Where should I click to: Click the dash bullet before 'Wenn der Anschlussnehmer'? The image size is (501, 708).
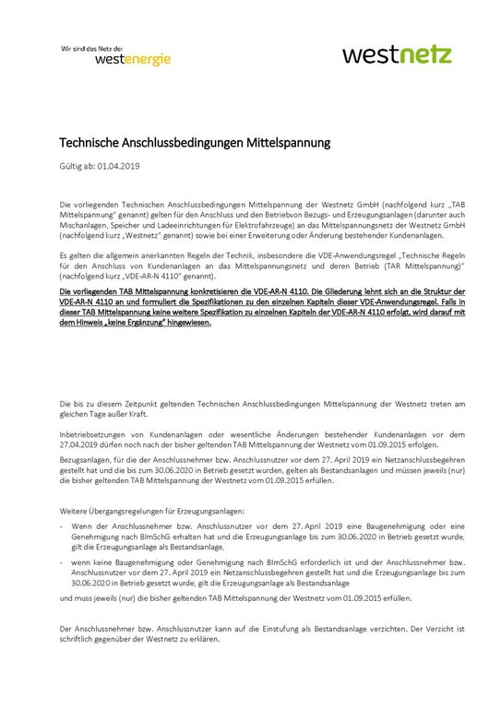pyautogui.click(x=61, y=525)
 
